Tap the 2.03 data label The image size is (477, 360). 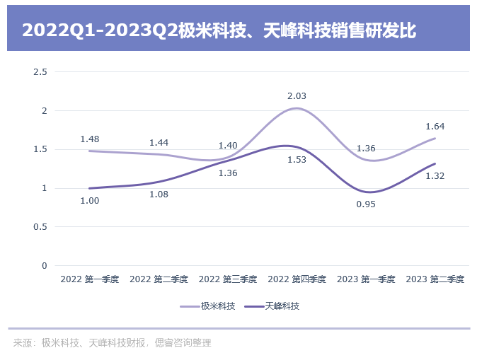(x=297, y=95)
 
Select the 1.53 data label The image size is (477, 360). (x=297, y=160)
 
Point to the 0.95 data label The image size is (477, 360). (x=366, y=204)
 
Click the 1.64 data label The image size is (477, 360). (x=435, y=127)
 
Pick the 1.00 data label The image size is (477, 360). (x=90, y=201)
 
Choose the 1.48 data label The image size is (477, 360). (x=90, y=139)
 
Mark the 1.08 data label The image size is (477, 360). (x=159, y=194)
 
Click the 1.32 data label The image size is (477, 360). (x=435, y=176)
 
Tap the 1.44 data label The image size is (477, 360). (x=159, y=142)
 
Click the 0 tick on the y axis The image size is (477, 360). (x=44, y=266)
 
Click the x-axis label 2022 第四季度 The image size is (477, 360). (x=297, y=279)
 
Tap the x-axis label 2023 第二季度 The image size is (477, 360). (x=435, y=279)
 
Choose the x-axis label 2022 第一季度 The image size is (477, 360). (x=90, y=279)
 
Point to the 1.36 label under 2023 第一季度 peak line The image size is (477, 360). (x=366, y=149)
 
